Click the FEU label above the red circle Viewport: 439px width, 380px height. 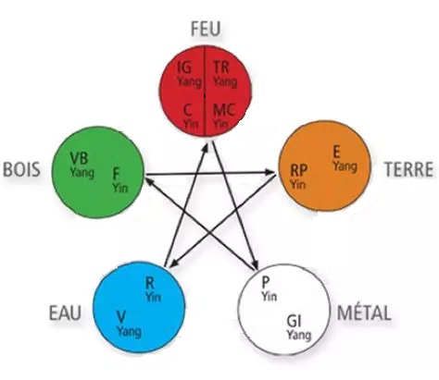click(206, 29)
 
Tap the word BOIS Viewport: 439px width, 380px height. click(21, 169)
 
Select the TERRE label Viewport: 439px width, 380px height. click(408, 169)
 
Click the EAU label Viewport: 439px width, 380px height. click(65, 313)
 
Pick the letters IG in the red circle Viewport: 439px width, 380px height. click(184, 67)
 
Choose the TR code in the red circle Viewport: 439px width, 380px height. click(221, 67)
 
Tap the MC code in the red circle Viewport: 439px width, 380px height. click(224, 110)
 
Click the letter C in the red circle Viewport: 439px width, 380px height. click(188, 110)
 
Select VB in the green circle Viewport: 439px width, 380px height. click(79, 158)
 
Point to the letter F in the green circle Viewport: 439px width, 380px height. click(116, 174)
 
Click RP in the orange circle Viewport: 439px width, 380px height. click(299, 170)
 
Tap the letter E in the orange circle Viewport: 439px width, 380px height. click(336, 152)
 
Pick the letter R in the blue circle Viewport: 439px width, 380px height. click(149, 283)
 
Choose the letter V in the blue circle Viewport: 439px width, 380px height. click(121, 317)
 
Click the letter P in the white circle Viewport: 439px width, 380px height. click(266, 282)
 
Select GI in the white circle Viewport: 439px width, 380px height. click(294, 321)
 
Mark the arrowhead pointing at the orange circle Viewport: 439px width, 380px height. click(270, 173)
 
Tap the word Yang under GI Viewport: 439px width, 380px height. click(298, 335)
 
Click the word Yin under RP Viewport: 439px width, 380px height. click(298, 184)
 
